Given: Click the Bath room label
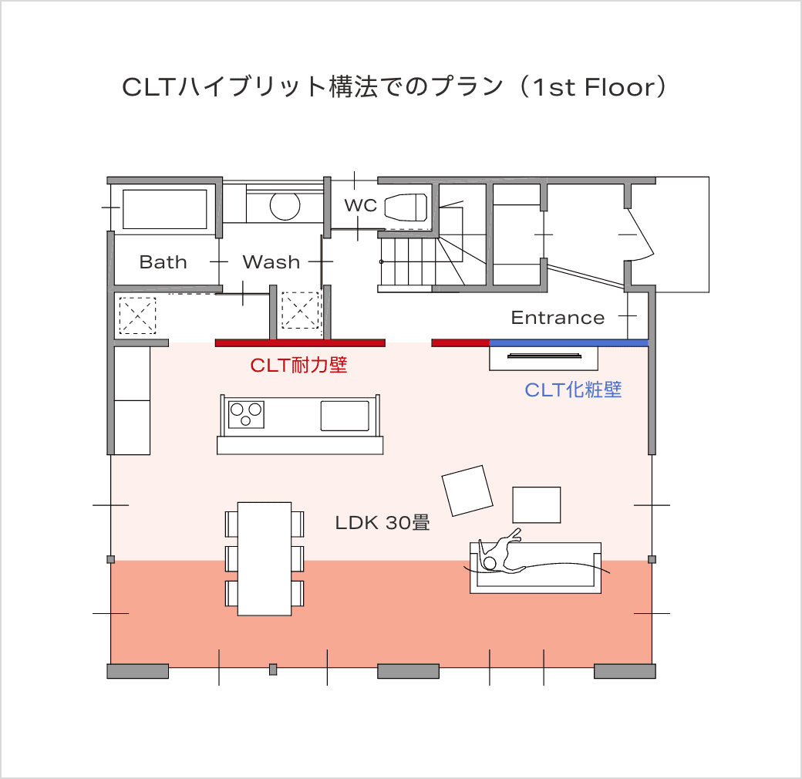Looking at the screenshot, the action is [163, 262].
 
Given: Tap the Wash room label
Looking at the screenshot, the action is [271, 262].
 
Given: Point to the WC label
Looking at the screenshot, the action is [361, 206].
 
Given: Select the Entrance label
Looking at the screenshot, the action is [558, 318].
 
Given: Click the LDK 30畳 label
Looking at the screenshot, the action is [382, 523].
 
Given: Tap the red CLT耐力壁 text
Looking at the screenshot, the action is [298, 365].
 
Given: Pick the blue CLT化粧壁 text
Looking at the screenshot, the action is [573, 389].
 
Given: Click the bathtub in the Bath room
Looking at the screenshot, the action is [165, 209].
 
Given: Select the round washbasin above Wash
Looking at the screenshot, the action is [285, 206].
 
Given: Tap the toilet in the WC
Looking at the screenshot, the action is [406, 207].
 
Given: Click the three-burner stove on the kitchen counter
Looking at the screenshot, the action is [246, 414].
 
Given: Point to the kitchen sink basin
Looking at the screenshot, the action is [345, 416].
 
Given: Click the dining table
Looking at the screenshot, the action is [265, 558].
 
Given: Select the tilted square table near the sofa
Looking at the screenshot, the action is [467, 491].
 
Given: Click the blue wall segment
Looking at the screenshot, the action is [569, 342].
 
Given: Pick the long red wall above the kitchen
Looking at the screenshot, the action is [300, 342].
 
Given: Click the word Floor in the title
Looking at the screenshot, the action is [620, 87].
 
